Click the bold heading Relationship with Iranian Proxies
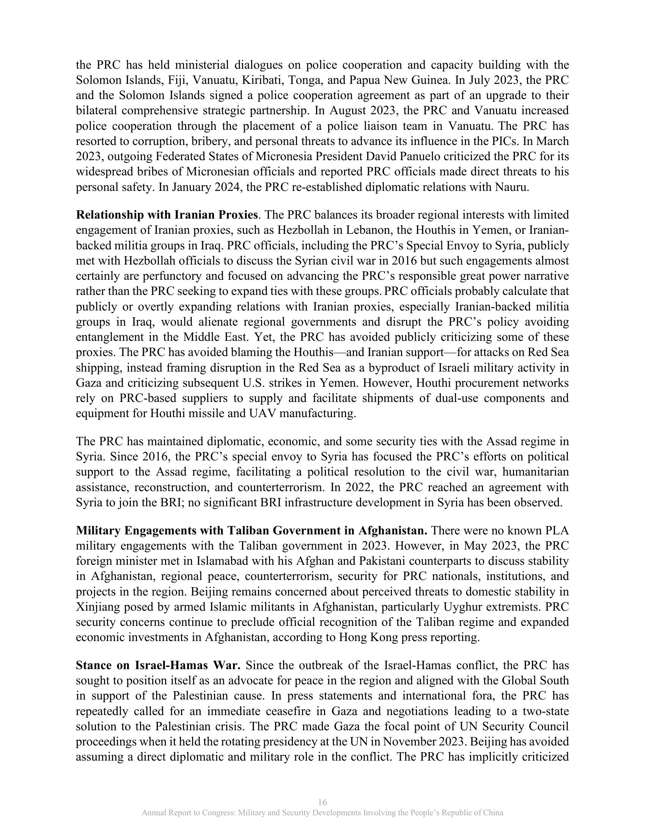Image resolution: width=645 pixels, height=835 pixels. (167, 215)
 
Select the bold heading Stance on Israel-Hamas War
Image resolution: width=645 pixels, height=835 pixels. (158, 665)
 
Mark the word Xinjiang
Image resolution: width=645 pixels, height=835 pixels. (98, 607)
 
